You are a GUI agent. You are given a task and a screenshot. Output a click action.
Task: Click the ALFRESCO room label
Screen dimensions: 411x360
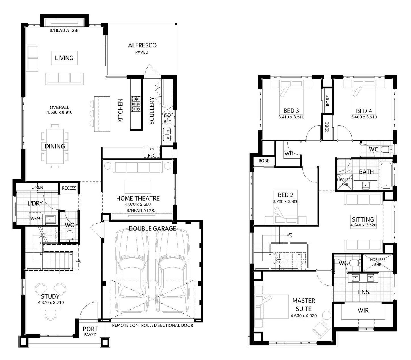pos(142,45)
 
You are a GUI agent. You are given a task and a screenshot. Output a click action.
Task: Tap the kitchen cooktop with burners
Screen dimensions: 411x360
pos(136,104)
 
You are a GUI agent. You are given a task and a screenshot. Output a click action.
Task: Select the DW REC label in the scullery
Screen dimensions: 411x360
pos(167,119)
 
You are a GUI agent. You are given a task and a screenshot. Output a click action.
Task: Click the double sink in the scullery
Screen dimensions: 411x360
pos(167,134)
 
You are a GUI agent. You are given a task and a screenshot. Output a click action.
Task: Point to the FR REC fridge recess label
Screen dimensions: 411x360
pos(151,153)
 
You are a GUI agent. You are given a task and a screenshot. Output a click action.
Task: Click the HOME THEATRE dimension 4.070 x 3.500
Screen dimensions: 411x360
pos(138,204)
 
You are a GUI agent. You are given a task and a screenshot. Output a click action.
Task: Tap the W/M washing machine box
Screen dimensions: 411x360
pos(35,218)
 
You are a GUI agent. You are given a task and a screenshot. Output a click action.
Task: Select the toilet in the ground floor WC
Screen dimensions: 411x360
pos(70,236)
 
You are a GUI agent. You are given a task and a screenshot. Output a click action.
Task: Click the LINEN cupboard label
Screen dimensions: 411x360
pos(37,187)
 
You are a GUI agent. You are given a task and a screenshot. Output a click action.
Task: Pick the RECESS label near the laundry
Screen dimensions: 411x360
pos(69,188)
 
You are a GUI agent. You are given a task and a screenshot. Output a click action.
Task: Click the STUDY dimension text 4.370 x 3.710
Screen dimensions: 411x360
pos(51,303)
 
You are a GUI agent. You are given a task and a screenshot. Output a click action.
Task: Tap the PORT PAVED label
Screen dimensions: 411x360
pos(90,332)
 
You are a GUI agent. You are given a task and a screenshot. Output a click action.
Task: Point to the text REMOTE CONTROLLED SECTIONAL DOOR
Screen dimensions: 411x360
pos(153,326)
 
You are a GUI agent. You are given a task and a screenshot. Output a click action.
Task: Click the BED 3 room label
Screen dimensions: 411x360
pos(291,111)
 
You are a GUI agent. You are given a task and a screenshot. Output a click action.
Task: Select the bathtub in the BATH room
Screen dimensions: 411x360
pos(386,175)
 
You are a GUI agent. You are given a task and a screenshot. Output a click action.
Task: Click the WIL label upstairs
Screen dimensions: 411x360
pos(289,153)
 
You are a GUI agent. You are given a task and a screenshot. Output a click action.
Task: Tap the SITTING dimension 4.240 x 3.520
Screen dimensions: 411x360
pos(363,225)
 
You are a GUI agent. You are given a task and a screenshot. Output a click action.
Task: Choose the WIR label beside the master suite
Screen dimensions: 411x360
pos(363,310)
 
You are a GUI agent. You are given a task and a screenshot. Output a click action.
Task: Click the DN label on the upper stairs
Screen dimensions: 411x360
pos(290,235)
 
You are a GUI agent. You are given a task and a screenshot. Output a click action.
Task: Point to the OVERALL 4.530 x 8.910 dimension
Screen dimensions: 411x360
pos(59,110)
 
